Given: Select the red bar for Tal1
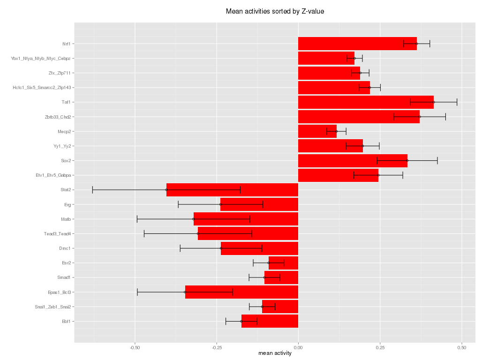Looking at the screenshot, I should pos(366,102).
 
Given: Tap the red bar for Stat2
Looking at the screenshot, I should pos(232,190).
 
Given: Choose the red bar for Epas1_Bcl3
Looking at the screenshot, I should pos(241,292).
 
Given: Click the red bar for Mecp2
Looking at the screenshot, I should pos(317,131).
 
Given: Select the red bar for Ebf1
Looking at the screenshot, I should pos(270,321).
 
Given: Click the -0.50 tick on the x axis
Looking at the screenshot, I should pos(135,348).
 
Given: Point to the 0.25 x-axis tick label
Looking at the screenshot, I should pos(380,348).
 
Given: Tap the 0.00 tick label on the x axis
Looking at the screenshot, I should pos(298,348).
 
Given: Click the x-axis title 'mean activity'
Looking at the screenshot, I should pos(275,353).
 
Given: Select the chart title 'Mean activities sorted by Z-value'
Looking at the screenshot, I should pos(275,11).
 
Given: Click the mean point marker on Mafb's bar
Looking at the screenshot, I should pos(193,219).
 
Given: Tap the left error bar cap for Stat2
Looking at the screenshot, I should pos(92,190).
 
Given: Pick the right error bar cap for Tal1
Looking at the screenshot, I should pos(457,102).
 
